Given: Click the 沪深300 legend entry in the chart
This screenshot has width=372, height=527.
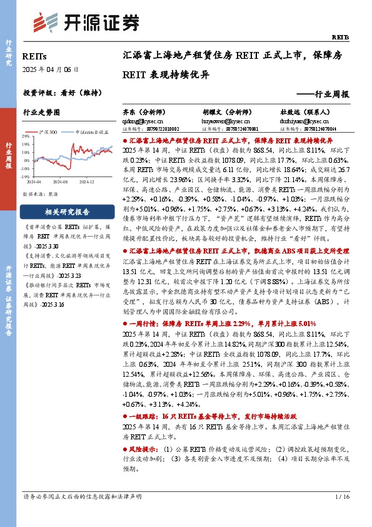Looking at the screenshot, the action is tap(50, 133).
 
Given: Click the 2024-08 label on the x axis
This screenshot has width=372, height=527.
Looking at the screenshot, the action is tap(60, 181).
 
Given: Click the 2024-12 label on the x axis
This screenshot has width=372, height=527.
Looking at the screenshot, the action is tap(86, 181).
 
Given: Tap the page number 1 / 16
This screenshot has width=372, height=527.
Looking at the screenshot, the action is tap(341, 514).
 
